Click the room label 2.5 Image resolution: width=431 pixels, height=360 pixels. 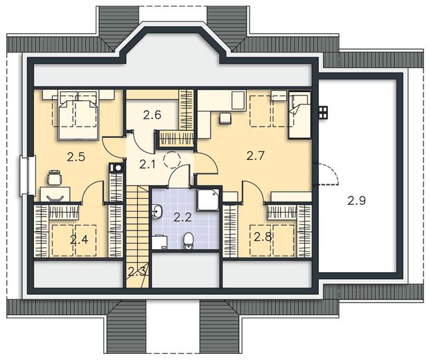click(76, 157)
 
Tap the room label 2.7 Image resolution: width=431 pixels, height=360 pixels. click(256, 156)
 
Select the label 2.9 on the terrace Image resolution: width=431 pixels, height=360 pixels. click(356, 201)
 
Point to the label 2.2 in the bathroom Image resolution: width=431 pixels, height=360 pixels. click(183, 217)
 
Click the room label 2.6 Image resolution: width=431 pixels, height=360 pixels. click(152, 115)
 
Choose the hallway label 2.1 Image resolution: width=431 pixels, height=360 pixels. click(148, 164)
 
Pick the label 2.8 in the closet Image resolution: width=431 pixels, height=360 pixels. click(263, 237)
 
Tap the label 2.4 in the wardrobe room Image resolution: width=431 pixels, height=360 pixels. click(79, 240)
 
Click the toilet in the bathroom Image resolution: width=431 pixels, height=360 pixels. click(188, 240)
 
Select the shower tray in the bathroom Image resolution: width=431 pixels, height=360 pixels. click(208, 199)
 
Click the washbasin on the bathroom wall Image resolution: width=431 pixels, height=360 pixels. click(157, 211)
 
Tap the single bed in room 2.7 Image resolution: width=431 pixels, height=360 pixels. click(299, 115)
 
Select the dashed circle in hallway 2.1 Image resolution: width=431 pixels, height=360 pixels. click(172, 159)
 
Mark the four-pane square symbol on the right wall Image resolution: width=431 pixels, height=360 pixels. click(323, 112)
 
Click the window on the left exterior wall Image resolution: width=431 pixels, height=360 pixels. click(28, 176)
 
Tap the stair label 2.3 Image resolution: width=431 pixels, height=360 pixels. click(137, 272)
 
